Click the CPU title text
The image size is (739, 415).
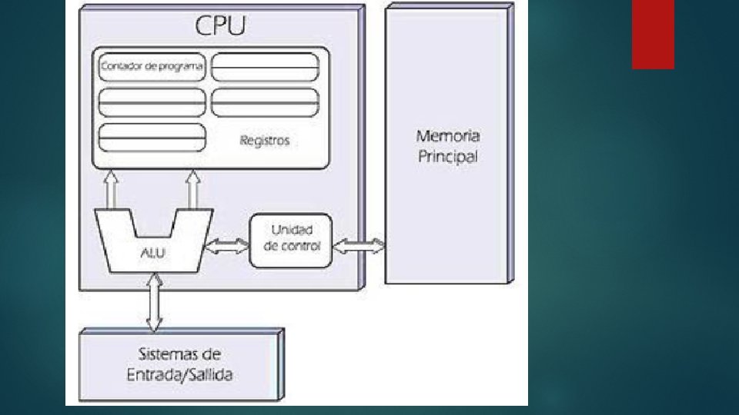220,25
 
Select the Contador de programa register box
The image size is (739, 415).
152,67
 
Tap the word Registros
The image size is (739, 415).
264,141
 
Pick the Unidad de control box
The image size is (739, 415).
290,240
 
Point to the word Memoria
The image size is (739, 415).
448,137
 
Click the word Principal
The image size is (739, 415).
448,158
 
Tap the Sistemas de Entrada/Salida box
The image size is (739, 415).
181,364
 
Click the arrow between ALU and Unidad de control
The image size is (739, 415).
228,246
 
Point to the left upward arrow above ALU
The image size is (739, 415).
111,189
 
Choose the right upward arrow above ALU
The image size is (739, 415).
193,189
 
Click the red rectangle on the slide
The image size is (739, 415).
653,34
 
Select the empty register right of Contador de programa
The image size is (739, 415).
264,67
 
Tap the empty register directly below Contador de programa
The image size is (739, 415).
152,101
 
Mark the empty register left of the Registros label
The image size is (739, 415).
152,137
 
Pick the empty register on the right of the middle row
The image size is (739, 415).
264,101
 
